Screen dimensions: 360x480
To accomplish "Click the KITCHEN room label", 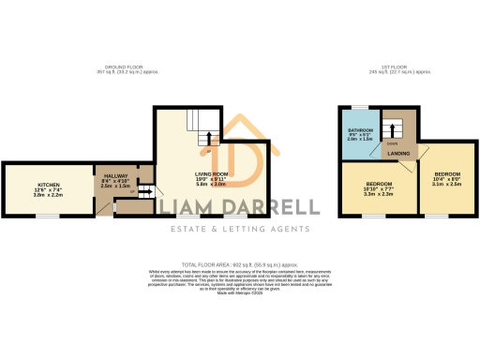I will tap(48, 184).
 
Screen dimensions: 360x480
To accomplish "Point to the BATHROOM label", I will tap(361, 129).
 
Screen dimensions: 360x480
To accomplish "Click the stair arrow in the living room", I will tap(207, 139).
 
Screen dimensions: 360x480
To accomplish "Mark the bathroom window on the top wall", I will tap(359, 108).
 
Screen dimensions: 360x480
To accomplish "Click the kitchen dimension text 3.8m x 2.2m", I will tap(48, 195).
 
